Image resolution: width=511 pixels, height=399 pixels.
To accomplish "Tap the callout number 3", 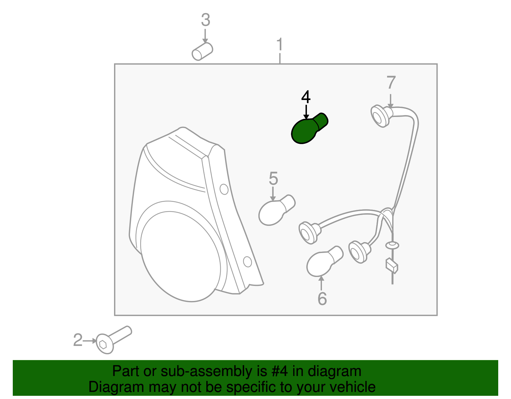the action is pos(206,20).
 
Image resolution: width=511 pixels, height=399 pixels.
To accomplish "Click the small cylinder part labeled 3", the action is pos(202,51).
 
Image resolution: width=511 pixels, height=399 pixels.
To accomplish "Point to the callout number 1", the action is pos(279,44).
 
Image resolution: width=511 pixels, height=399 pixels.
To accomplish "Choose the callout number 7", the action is pos(391,82).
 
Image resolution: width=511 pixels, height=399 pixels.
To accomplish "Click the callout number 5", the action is pos(273,178).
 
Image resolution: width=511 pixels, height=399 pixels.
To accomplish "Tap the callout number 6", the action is pos(322,299).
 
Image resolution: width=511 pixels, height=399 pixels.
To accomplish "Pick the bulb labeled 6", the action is pos(325,261).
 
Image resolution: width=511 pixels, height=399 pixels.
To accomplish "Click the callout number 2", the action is pos(78,340).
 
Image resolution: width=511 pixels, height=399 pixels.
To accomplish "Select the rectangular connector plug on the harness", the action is pos(392,266).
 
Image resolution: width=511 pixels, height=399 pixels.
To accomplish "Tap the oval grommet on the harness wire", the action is pos(392,245).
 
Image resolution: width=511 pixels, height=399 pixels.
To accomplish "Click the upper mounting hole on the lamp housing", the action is pos(224,189).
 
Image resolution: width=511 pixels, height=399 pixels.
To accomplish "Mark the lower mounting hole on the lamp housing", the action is pos(248,262).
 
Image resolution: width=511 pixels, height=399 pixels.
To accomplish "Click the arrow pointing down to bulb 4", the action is pos(306,112).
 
